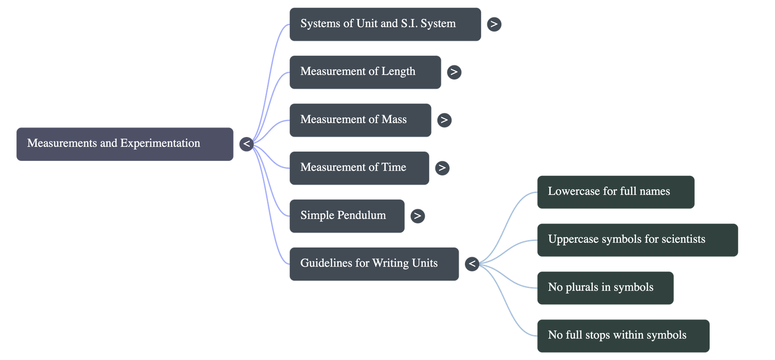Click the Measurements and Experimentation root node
(124, 144)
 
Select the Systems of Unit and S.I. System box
(385, 24)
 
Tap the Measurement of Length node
(365, 72)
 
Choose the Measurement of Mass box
(360, 120)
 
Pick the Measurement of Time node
(359, 168)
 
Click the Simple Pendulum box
(347, 216)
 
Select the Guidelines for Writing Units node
(374, 264)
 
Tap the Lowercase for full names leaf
(615, 192)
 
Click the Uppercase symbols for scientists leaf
(637, 239)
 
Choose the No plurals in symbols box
(604, 287)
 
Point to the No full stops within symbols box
(622, 335)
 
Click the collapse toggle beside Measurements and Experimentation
(247, 144)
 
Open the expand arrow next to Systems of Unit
(494, 24)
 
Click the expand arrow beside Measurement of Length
(454, 72)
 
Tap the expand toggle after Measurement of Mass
(444, 120)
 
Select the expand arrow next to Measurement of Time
(441, 168)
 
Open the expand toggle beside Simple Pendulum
(418, 216)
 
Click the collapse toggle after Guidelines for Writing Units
(472, 264)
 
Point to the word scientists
(682, 239)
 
